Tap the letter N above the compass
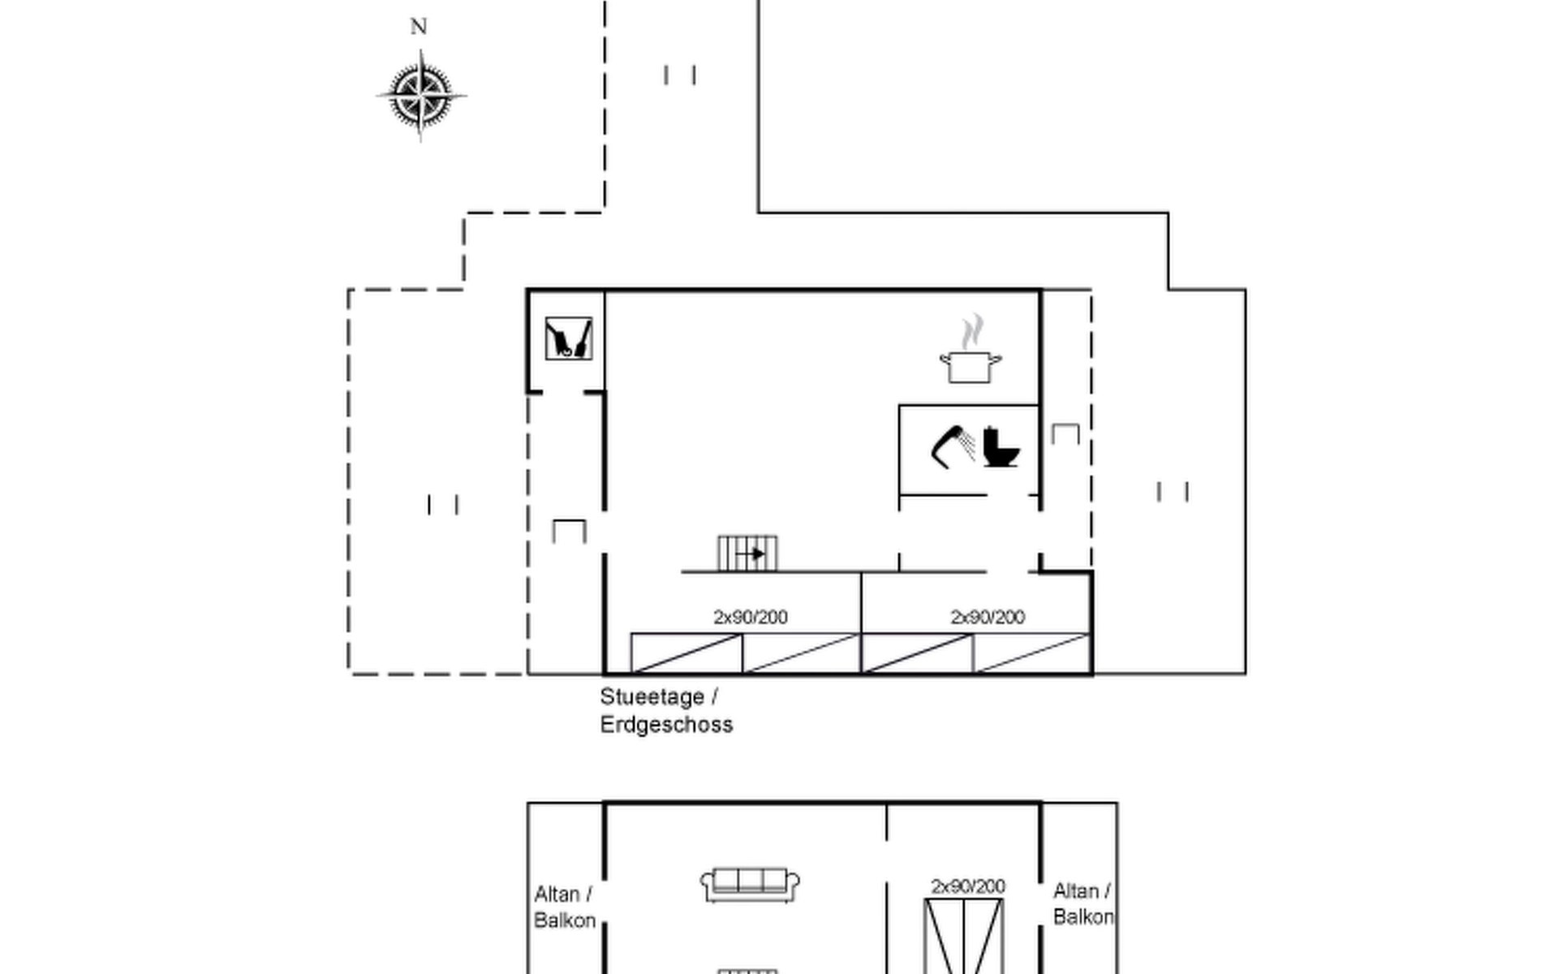click(x=419, y=27)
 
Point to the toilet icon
click(x=1001, y=447)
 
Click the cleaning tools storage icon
click(x=568, y=338)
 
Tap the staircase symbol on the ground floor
click(x=747, y=554)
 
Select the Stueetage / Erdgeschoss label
click(x=665, y=710)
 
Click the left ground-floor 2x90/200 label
click(x=750, y=618)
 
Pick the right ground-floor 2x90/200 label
click(x=987, y=618)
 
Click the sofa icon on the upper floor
click(x=750, y=885)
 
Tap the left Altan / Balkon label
click(x=565, y=907)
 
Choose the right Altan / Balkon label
click(x=1082, y=904)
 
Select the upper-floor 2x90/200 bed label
click(x=967, y=886)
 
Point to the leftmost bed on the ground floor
click(x=686, y=653)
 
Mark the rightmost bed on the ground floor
click(x=1031, y=653)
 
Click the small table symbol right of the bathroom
click(x=1065, y=433)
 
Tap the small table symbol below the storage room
click(x=569, y=531)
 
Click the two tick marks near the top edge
click(x=680, y=75)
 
